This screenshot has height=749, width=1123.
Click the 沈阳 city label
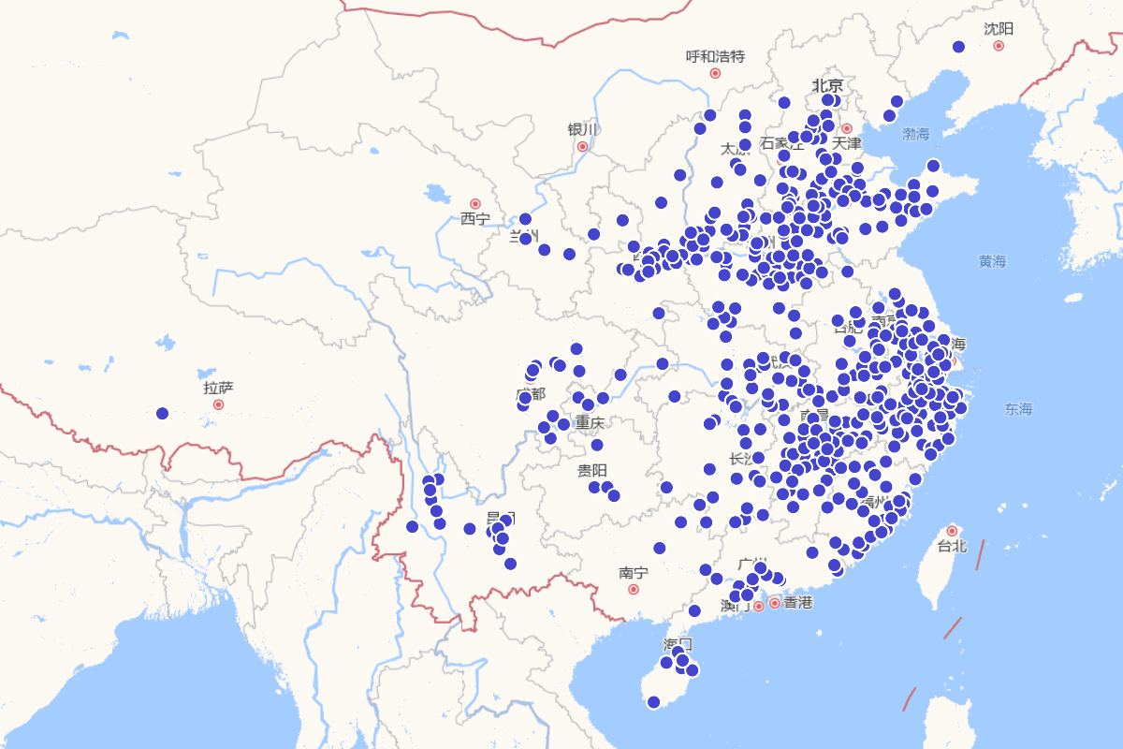point(999,29)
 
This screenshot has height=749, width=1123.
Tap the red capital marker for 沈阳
point(999,45)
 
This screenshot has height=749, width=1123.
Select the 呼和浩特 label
point(715,56)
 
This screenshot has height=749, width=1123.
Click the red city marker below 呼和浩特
point(715,73)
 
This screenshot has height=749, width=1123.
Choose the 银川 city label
point(581,129)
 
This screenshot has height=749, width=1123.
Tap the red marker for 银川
point(582,146)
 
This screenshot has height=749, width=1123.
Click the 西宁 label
point(474,219)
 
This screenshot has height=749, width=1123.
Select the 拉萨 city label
point(218,388)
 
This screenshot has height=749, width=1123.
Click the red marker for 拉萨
point(218,404)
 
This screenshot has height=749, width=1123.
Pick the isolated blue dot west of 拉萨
point(162,413)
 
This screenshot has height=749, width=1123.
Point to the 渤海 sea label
point(916,135)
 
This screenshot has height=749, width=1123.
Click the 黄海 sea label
point(992,262)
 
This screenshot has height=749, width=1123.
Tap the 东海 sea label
point(1018,409)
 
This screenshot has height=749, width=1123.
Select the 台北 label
point(952,546)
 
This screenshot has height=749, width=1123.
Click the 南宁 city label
point(633,573)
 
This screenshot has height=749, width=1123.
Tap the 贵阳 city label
point(591,470)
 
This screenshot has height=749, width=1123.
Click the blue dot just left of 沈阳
point(957,47)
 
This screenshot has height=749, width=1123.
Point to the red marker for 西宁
point(474,203)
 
